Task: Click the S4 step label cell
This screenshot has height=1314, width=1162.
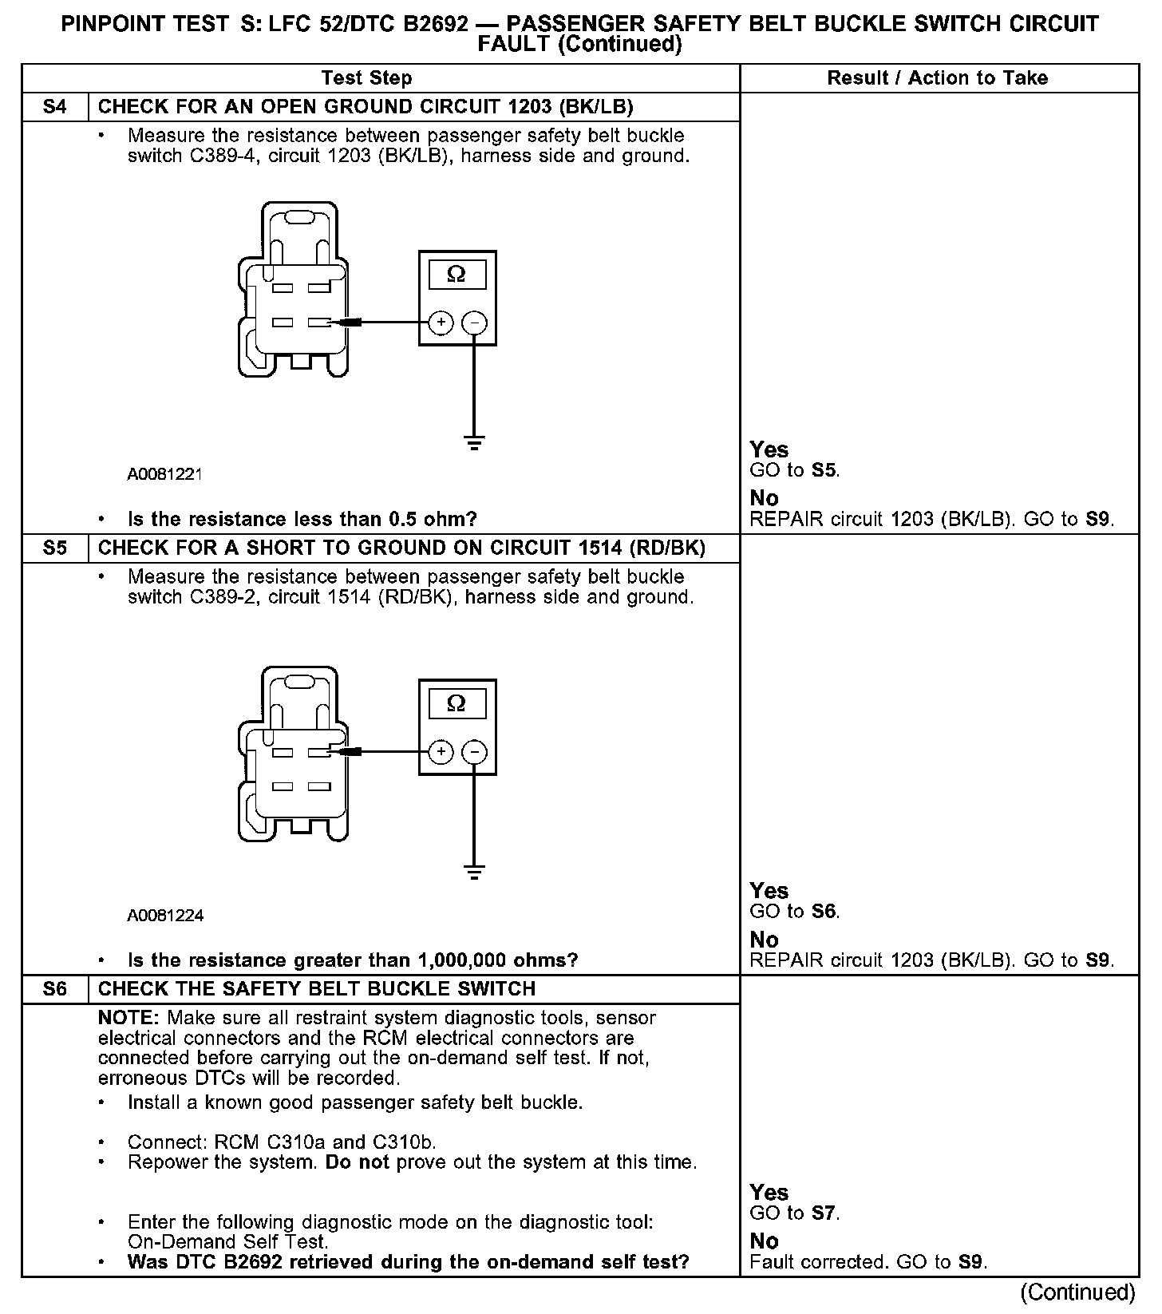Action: pyautogui.click(x=55, y=107)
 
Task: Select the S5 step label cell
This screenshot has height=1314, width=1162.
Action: pyautogui.click(x=55, y=548)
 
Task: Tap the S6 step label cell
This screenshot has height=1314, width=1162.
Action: pyautogui.click(x=55, y=989)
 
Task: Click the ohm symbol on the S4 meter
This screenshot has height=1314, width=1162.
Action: pyautogui.click(x=457, y=275)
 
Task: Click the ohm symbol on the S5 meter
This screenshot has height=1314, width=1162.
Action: pyautogui.click(x=457, y=703)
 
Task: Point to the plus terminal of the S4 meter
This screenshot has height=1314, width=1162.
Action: pyautogui.click(x=441, y=323)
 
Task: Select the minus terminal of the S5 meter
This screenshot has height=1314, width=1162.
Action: pyautogui.click(x=475, y=752)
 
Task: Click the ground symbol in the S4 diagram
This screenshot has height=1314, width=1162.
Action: pyautogui.click(x=474, y=443)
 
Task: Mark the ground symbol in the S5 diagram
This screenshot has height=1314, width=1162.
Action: pyautogui.click(x=474, y=872)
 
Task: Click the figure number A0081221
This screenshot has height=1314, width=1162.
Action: pyautogui.click(x=165, y=474)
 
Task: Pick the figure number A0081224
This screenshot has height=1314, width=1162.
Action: pyautogui.click(x=165, y=916)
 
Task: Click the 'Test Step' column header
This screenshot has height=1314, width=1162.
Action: pyautogui.click(x=367, y=78)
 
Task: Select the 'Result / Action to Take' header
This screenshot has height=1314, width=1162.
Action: pyautogui.click(x=938, y=78)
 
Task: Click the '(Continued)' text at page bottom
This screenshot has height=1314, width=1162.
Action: pyautogui.click(x=1077, y=1292)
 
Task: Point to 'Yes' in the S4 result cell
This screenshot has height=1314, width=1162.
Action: pyautogui.click(x=769, y=449)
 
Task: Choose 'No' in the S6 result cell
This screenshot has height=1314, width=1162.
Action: pyautogui.click(x=764, y=1241)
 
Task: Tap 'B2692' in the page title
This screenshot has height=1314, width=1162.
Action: pyautogui.click(x=436, y=24)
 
